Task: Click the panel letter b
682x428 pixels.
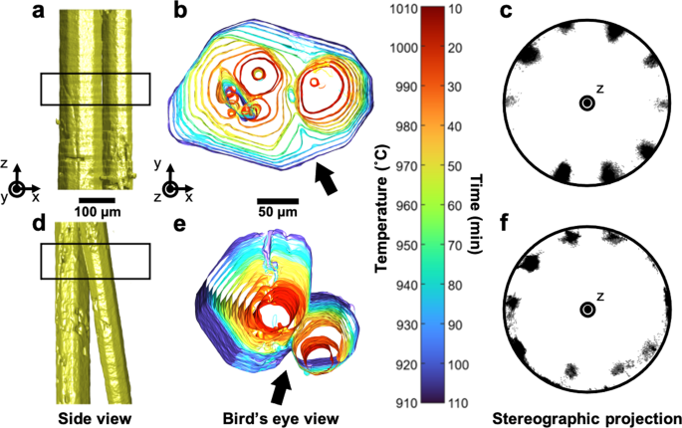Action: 180,11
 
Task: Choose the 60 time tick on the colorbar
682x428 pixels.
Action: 456,207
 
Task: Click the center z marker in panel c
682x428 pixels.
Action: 587,103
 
